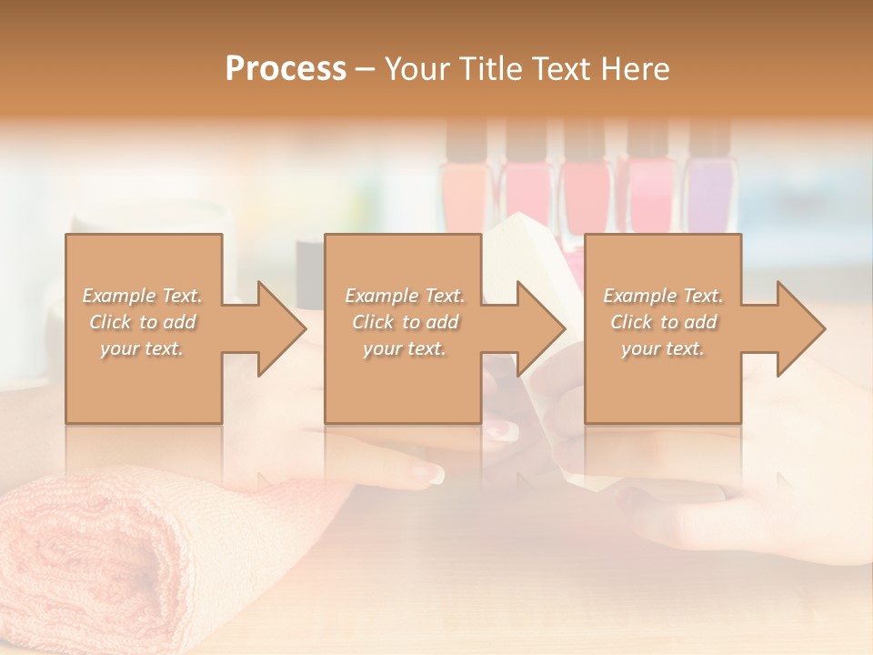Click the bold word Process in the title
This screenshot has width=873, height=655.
[286, 68]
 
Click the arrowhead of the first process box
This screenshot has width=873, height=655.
[276, 328]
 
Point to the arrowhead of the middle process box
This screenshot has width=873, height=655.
[537, 328]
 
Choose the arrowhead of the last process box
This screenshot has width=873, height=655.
[797, 328]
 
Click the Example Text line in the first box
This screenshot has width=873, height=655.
[143, 296]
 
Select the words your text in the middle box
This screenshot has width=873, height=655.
[404, 348]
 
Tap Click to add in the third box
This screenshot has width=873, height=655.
[663, 322]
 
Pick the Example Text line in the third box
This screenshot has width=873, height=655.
[663, 296]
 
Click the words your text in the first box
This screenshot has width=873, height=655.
[143, 348]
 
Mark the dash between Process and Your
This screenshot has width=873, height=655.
[366, 69]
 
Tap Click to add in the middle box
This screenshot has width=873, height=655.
[404, 322]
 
